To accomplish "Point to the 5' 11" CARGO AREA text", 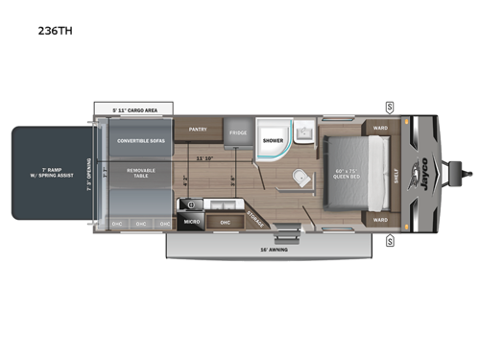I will click(133, 108).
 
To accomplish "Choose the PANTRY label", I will click(199, 127).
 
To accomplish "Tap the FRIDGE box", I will click(239, 134).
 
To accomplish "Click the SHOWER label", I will click(273, 140).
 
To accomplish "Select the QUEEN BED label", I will click(348, 175).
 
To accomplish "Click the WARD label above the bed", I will click(379, 127).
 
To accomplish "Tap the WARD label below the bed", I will click(379, 219).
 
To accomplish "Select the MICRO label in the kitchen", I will click(192, 221).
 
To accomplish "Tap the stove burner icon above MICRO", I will click(191, 205).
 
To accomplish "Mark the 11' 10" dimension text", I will click(204, 157).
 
